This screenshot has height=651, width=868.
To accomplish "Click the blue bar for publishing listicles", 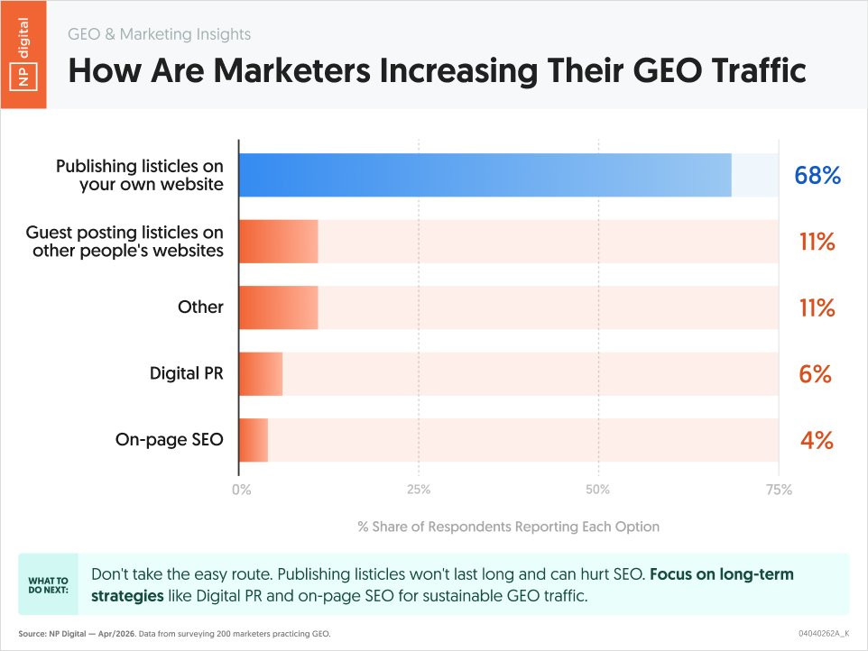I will click(485, 175).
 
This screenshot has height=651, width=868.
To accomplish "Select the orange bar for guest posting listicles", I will click(279, 241).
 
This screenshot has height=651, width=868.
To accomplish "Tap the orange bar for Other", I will click(279, 307).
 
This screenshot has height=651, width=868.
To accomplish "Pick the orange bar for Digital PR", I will click(261, 373).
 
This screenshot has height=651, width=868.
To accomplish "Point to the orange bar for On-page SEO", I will click(254, 440).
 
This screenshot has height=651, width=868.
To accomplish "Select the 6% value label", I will click(815, 373).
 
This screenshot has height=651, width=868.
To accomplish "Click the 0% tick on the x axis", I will click(242, 491).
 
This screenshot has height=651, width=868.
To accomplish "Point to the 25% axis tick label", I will click(419, 491).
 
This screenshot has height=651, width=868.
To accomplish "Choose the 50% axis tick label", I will click(598, 491).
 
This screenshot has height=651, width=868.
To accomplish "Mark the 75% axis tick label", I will click(778, 491).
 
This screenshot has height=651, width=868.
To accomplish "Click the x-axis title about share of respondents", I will click(508, 527).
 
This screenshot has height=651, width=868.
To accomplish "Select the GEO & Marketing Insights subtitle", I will click(160, 34).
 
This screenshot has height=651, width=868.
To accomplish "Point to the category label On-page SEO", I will click(170, 440).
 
